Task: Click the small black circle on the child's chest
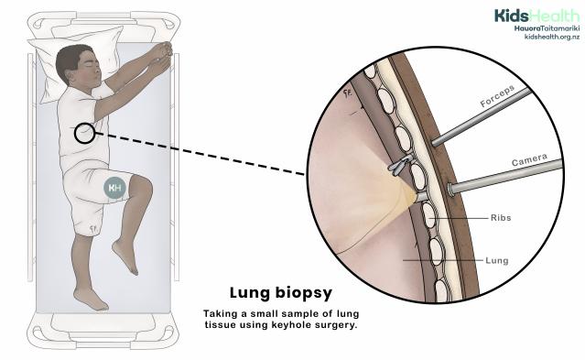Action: pyautogui.click(x=85, y=135)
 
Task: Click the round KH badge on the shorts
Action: pyautogui.click(x=115, y=188)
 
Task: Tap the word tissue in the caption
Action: pyautogui.click(x=221, y=326)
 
